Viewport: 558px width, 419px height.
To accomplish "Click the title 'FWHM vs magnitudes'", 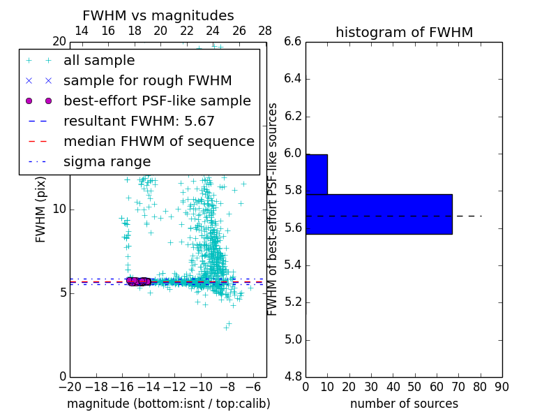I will (158, 15).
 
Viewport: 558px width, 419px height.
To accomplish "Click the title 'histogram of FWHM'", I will (404, 32).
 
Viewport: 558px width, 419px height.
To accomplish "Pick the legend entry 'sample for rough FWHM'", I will (147, 80).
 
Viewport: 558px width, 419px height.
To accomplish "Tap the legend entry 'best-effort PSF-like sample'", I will (157, 101).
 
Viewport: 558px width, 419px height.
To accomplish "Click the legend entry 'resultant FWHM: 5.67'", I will (139, 121).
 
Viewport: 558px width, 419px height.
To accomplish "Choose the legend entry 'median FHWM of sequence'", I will (158, 141).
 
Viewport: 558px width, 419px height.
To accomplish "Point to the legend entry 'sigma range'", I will (107, 161).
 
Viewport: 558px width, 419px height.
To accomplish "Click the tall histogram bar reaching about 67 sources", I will (379, 214).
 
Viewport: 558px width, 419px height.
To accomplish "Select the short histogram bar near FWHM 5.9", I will (317, 174).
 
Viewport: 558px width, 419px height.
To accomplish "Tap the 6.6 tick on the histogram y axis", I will (293, 42).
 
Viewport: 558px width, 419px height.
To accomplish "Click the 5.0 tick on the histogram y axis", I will (293, 340).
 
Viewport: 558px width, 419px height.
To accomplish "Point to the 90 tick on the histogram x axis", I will (502, 386).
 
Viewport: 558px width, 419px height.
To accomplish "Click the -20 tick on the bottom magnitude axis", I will (70, 386).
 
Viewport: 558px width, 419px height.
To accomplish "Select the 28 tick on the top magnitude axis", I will (265, 31).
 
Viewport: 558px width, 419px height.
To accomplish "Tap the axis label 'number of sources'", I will (404, 404).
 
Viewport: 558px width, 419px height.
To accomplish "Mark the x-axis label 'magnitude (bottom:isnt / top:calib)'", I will (168, 404).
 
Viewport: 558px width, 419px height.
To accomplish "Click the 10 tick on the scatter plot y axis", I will (59, 209).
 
